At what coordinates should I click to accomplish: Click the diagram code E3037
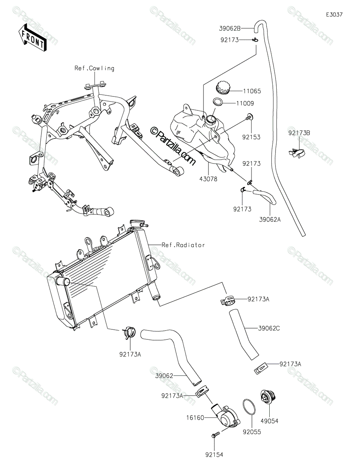[334, 15]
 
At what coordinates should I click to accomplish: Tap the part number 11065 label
[252, 91]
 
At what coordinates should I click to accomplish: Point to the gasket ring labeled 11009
[218, 102]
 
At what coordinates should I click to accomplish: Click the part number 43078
[208, 179]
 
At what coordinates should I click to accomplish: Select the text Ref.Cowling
[94, 68]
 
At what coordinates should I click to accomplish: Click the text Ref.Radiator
[183, 245]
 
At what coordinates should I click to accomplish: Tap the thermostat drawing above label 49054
[268, 397]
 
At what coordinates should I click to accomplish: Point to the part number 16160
[195, 418]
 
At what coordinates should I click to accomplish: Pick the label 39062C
[269, 328]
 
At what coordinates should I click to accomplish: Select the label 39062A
[270, 220]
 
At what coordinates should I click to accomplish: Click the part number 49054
[270, 421]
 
